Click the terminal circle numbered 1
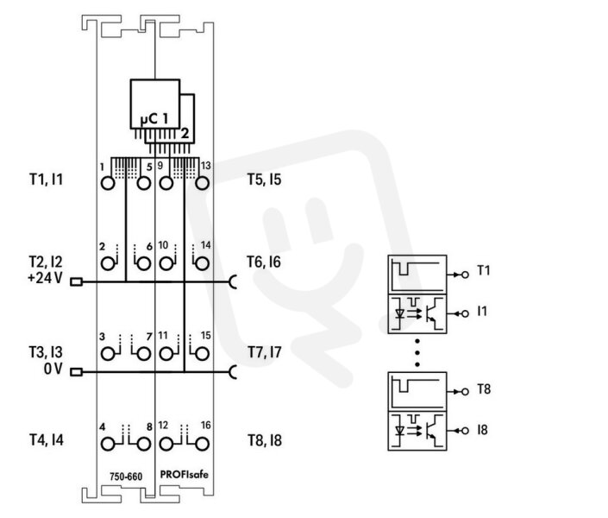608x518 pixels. click(108, 183)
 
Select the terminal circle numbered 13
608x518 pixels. click(202, 183)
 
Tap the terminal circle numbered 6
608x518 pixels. click(144, 264)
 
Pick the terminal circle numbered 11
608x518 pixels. click(166, 354)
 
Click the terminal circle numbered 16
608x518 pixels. click(202, 444)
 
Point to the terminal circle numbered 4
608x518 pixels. click(108, 444)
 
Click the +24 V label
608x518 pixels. click(45, 278)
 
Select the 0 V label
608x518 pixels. click(53, 369)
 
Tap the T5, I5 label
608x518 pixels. click(265, 180)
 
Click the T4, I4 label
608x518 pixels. click(47, 440)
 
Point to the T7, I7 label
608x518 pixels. click(265, 352)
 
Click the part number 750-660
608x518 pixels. click(126, 477)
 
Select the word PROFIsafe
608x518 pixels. click(185, 475)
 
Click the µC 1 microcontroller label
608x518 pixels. click(154, 119)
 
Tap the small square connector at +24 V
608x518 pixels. click(77, 282)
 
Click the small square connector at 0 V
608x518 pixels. click(77, 372)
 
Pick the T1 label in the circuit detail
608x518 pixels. click(484, 270)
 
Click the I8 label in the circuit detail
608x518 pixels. click(482, 430)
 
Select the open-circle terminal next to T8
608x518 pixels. click(466, 392)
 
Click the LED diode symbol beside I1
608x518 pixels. click(399, 313)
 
